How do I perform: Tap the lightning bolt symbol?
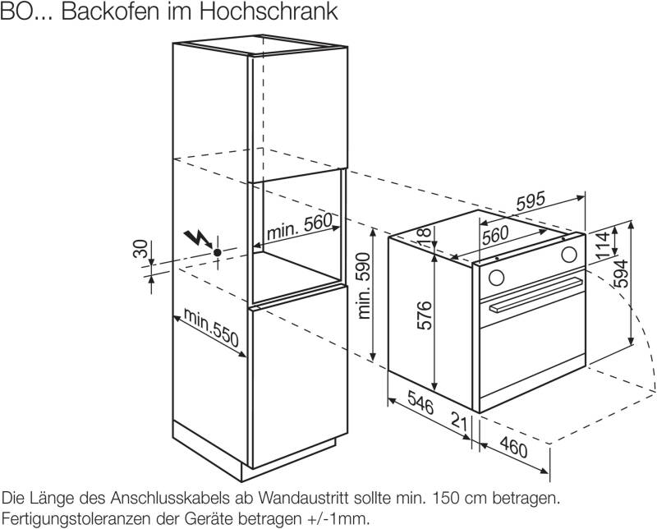[198, 238]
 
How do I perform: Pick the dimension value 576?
[420, 316]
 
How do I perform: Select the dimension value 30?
[140, 251]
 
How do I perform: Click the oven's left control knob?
[495, 273]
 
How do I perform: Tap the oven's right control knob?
[568, 255]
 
